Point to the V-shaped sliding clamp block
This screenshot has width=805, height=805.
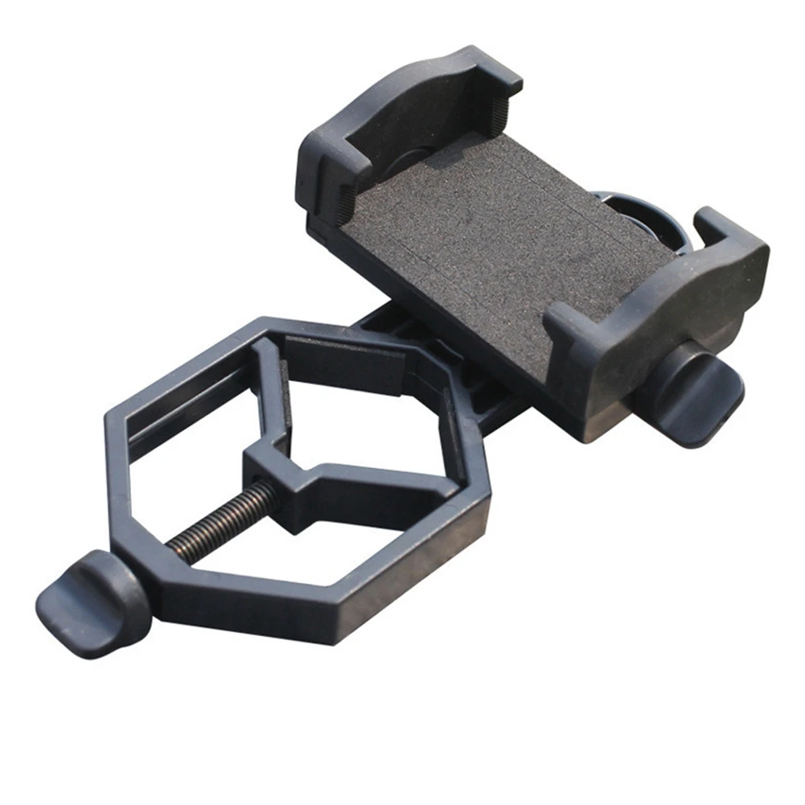(322, 483)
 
